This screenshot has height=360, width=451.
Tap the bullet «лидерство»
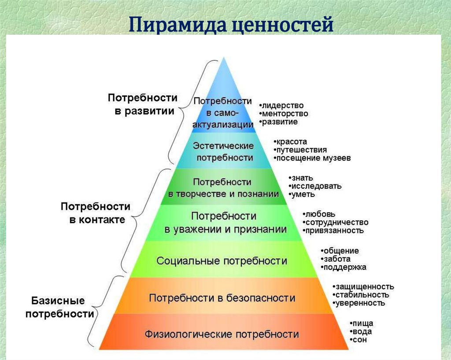click(282, 106)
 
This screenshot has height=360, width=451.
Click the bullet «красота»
click(291, 142)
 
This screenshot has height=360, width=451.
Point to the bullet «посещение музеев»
click(313, 158)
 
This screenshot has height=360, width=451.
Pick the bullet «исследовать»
click(316, 186)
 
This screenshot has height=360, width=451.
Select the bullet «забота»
click(336, 259)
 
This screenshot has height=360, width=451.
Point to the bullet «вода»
click(362, 331)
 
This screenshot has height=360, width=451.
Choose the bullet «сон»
click(360, 340)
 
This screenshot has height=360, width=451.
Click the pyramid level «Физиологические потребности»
click(222, 334)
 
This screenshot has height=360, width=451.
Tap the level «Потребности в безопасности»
click(222, 298)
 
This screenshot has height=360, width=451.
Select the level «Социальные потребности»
click(222, 261)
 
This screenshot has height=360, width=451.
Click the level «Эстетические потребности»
click(224, 151)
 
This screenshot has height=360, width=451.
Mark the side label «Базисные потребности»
click(59, 307)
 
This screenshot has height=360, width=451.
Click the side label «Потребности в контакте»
click(95, 213)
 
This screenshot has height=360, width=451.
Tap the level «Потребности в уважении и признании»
click(225, 223)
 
